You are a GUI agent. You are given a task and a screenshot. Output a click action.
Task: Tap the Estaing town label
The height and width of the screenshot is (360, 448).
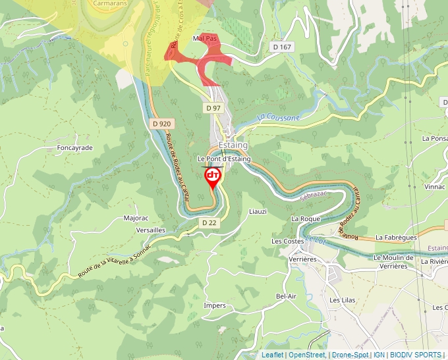click(233, 145)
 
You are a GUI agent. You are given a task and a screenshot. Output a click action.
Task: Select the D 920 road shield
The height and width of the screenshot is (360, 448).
click(161, 123)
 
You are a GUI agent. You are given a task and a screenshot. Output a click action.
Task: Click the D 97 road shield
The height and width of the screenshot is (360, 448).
click(213, 107)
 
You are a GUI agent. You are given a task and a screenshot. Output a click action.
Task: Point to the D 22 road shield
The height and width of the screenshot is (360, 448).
click(210, 223)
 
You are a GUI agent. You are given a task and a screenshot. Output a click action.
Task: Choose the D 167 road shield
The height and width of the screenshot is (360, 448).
click(281, 47)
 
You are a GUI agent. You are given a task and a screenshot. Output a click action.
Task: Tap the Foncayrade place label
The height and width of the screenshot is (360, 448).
click(74, 147)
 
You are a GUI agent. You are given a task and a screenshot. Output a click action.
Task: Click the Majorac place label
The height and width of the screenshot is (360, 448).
click(137, 218)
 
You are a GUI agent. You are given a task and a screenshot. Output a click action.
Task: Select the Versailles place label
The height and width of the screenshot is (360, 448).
click(150, 230)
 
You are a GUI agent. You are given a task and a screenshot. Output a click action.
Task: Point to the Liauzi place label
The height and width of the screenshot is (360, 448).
click(257, 212)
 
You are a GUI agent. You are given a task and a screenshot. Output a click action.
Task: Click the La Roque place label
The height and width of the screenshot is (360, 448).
click(306, 219)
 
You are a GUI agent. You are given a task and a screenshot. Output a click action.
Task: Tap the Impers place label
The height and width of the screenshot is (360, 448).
click(215, 306)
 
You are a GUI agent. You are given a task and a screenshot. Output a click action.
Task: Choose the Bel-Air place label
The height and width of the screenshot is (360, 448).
click(287, 297)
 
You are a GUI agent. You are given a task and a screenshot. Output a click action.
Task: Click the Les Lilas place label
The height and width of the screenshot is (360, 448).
click(343, 300)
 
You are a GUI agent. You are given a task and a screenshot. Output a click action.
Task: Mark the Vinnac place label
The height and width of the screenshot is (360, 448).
click(435, 187)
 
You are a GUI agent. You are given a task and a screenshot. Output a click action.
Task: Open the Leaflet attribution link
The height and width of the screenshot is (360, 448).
click(272, 355)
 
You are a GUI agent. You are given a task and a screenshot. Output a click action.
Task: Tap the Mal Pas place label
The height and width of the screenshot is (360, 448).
click(205, 39)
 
